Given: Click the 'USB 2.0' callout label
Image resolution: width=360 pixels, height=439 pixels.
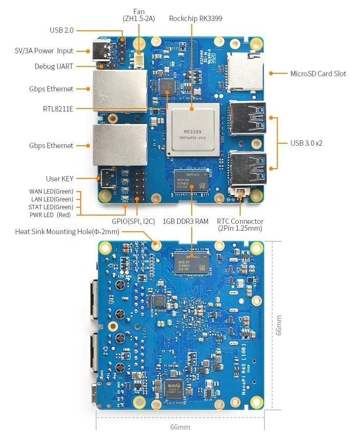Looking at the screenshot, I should [61, 30].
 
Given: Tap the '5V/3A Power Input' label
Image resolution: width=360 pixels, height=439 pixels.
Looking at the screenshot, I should [44, 51].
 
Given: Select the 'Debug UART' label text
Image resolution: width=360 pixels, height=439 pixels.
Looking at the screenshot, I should [54, 66].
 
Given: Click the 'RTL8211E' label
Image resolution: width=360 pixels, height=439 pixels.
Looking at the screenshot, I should [58, 109].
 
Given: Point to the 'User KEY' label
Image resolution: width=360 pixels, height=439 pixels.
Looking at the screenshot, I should [59, 179].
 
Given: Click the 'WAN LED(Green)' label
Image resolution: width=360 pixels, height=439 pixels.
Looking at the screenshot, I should [51, 191].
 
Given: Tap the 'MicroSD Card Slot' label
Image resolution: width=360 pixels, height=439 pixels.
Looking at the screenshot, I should [318, 74].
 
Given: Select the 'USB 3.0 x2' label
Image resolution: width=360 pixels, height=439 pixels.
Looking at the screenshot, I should [306, 143].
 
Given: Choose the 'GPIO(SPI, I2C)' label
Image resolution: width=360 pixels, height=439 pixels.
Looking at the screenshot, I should [133, 221].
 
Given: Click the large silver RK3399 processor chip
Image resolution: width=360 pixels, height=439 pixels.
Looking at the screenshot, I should [192, 130].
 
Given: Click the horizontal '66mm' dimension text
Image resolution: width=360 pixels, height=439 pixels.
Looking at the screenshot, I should [180, 427].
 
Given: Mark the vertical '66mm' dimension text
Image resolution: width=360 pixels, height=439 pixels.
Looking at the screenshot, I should [279, 325].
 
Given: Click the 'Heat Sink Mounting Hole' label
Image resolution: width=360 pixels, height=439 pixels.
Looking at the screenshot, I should [67, 231].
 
